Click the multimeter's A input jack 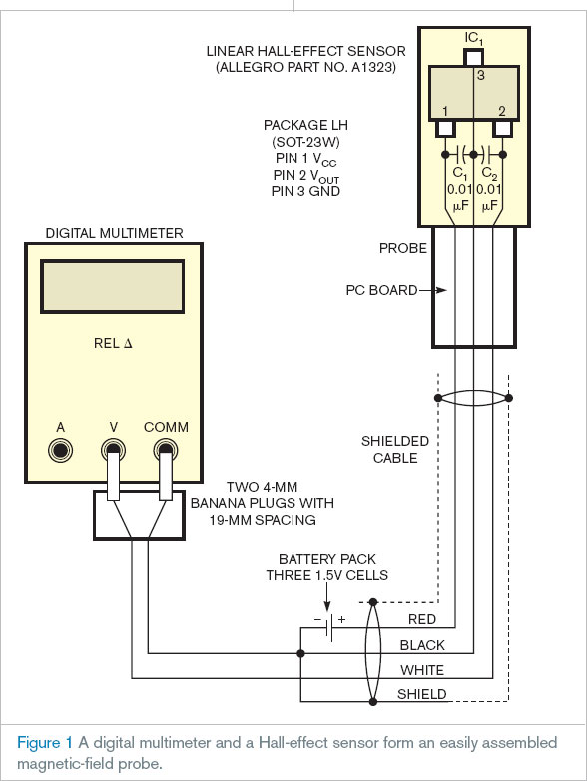[x=60, y=450]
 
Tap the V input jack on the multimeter [x=113, y=450]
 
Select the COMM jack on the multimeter [x=166, y=450]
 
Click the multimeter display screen [x=112, y=286]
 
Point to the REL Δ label [x=113, y=343]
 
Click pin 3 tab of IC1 [x=473, y=57]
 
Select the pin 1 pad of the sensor [x=446, y=128]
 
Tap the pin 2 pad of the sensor [x=502, y=128]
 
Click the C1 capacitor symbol [x=460, y=155]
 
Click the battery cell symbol [x=328, y=627]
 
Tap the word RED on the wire [x=421, y=619]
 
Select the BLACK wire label [x=422, y=645]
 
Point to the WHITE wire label [x=422, y=670]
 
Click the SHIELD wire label [x=421, y=694]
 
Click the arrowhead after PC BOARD [x=441, y=290]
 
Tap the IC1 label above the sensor [x=473, y=38]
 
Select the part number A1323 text [x=373, y=67]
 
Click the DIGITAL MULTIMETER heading [x=114, y=233]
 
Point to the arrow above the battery [x=327, y=596]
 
